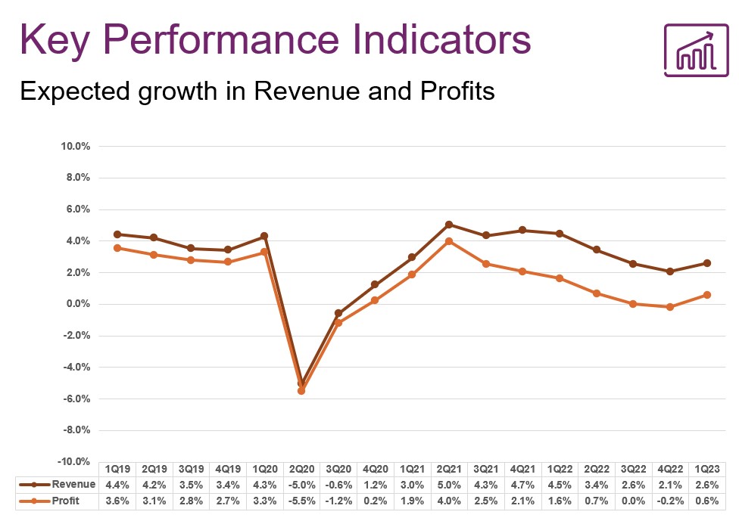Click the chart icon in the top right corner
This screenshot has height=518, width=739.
pos(695,51)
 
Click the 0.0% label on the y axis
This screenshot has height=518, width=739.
pos(76,304)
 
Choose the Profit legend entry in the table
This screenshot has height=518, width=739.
pos(64,501)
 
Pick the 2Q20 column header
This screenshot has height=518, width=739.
pos(302,468)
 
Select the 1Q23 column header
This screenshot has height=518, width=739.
pos(708,468)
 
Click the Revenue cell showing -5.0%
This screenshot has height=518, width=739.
pos(302,484)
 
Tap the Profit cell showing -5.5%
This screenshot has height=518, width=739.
pos(302,501)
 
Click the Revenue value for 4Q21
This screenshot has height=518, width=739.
pos(523,484)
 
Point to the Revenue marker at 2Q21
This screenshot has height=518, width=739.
pos(449,225)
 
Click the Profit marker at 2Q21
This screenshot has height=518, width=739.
pos(449,241)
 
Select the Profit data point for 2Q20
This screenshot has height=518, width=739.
pos(301,391)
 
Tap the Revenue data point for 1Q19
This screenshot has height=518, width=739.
pos(117,234)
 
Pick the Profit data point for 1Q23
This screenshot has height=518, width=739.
pos(706,295)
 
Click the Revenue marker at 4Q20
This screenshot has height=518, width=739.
pos(375,285)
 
